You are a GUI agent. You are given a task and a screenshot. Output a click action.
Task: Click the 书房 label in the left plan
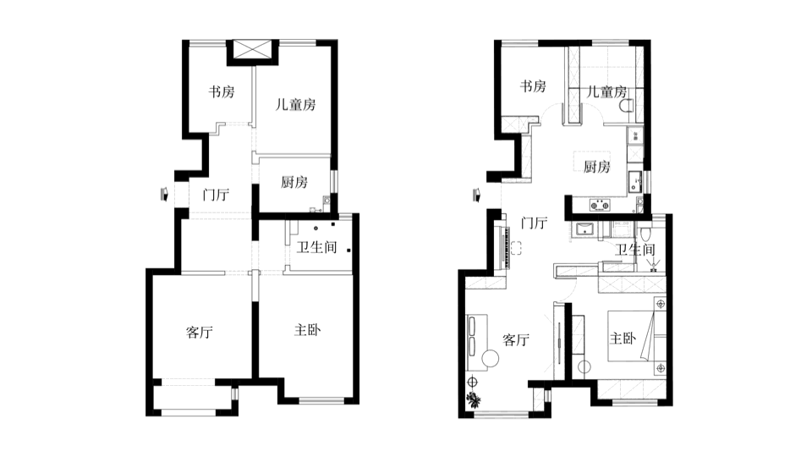(x=222, y=92)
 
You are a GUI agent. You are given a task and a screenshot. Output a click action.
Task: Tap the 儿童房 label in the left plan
(x=296, y=105)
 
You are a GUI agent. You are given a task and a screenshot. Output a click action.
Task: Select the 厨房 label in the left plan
(x=294, y=182)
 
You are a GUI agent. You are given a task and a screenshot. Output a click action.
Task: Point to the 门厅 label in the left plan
(x=216, y=195)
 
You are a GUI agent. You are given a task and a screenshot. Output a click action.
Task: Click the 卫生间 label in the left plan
(x=316, y=247)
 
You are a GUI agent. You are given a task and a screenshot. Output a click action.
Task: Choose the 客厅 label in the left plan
(x=200, y=332)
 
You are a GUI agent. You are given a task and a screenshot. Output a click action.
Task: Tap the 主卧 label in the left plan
(x=308, y=330)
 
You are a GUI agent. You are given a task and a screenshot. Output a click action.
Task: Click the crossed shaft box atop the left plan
(x=253, y=50)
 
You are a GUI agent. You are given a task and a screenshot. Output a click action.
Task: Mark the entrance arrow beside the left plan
(x=165, y=195)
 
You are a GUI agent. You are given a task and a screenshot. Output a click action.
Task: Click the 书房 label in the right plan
(x=533, y=86)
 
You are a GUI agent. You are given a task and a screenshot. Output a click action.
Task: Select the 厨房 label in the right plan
(x=596, y=167)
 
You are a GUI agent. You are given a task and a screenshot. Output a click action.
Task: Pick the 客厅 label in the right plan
(x=516, y=340)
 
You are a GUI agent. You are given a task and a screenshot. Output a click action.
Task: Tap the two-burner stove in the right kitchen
(x=600, y=205)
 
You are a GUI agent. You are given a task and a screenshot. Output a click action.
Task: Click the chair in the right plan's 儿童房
(x=626, y=106)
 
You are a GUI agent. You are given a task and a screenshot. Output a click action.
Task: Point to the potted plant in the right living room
(x=474, y=399)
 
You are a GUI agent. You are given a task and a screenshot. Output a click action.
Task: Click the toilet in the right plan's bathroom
(x=645, y=234)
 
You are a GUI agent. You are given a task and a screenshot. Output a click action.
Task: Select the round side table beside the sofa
(x=490, y=358)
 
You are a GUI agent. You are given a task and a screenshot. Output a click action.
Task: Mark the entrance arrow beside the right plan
(x=476, y=195)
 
